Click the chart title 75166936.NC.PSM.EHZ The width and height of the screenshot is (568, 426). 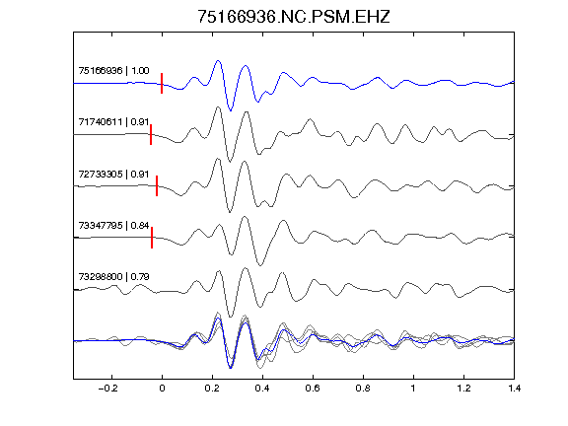(294, 17)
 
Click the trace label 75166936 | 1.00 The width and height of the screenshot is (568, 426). (113, 70)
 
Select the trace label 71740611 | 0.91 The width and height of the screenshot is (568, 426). (113, 121)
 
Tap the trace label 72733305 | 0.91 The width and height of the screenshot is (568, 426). (113, 174)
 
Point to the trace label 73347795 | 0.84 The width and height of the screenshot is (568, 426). (113, 225)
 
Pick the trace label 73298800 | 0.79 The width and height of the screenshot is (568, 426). (113, 277)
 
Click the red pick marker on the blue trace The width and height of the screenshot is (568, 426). (162, 83)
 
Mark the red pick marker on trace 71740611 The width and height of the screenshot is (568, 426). (151, 135)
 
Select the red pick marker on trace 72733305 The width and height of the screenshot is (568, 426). (157, 185)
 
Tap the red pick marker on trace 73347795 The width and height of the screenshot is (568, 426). (152, 238)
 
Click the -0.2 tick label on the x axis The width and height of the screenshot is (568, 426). (108, 389)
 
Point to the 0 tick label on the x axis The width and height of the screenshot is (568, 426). (162, 389)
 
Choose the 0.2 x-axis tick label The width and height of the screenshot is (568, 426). (212, 389)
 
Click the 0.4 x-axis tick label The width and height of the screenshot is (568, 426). (262, 389)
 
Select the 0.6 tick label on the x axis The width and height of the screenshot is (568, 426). (313, 389)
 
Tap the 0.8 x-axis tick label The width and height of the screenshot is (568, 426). (363, 389)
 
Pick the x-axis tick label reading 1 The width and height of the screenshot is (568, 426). (413, 389)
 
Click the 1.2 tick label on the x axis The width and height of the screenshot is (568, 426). (463, 389)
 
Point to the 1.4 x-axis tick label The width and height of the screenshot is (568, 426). (514, 389)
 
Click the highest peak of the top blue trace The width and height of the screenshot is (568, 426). (218, 61)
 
